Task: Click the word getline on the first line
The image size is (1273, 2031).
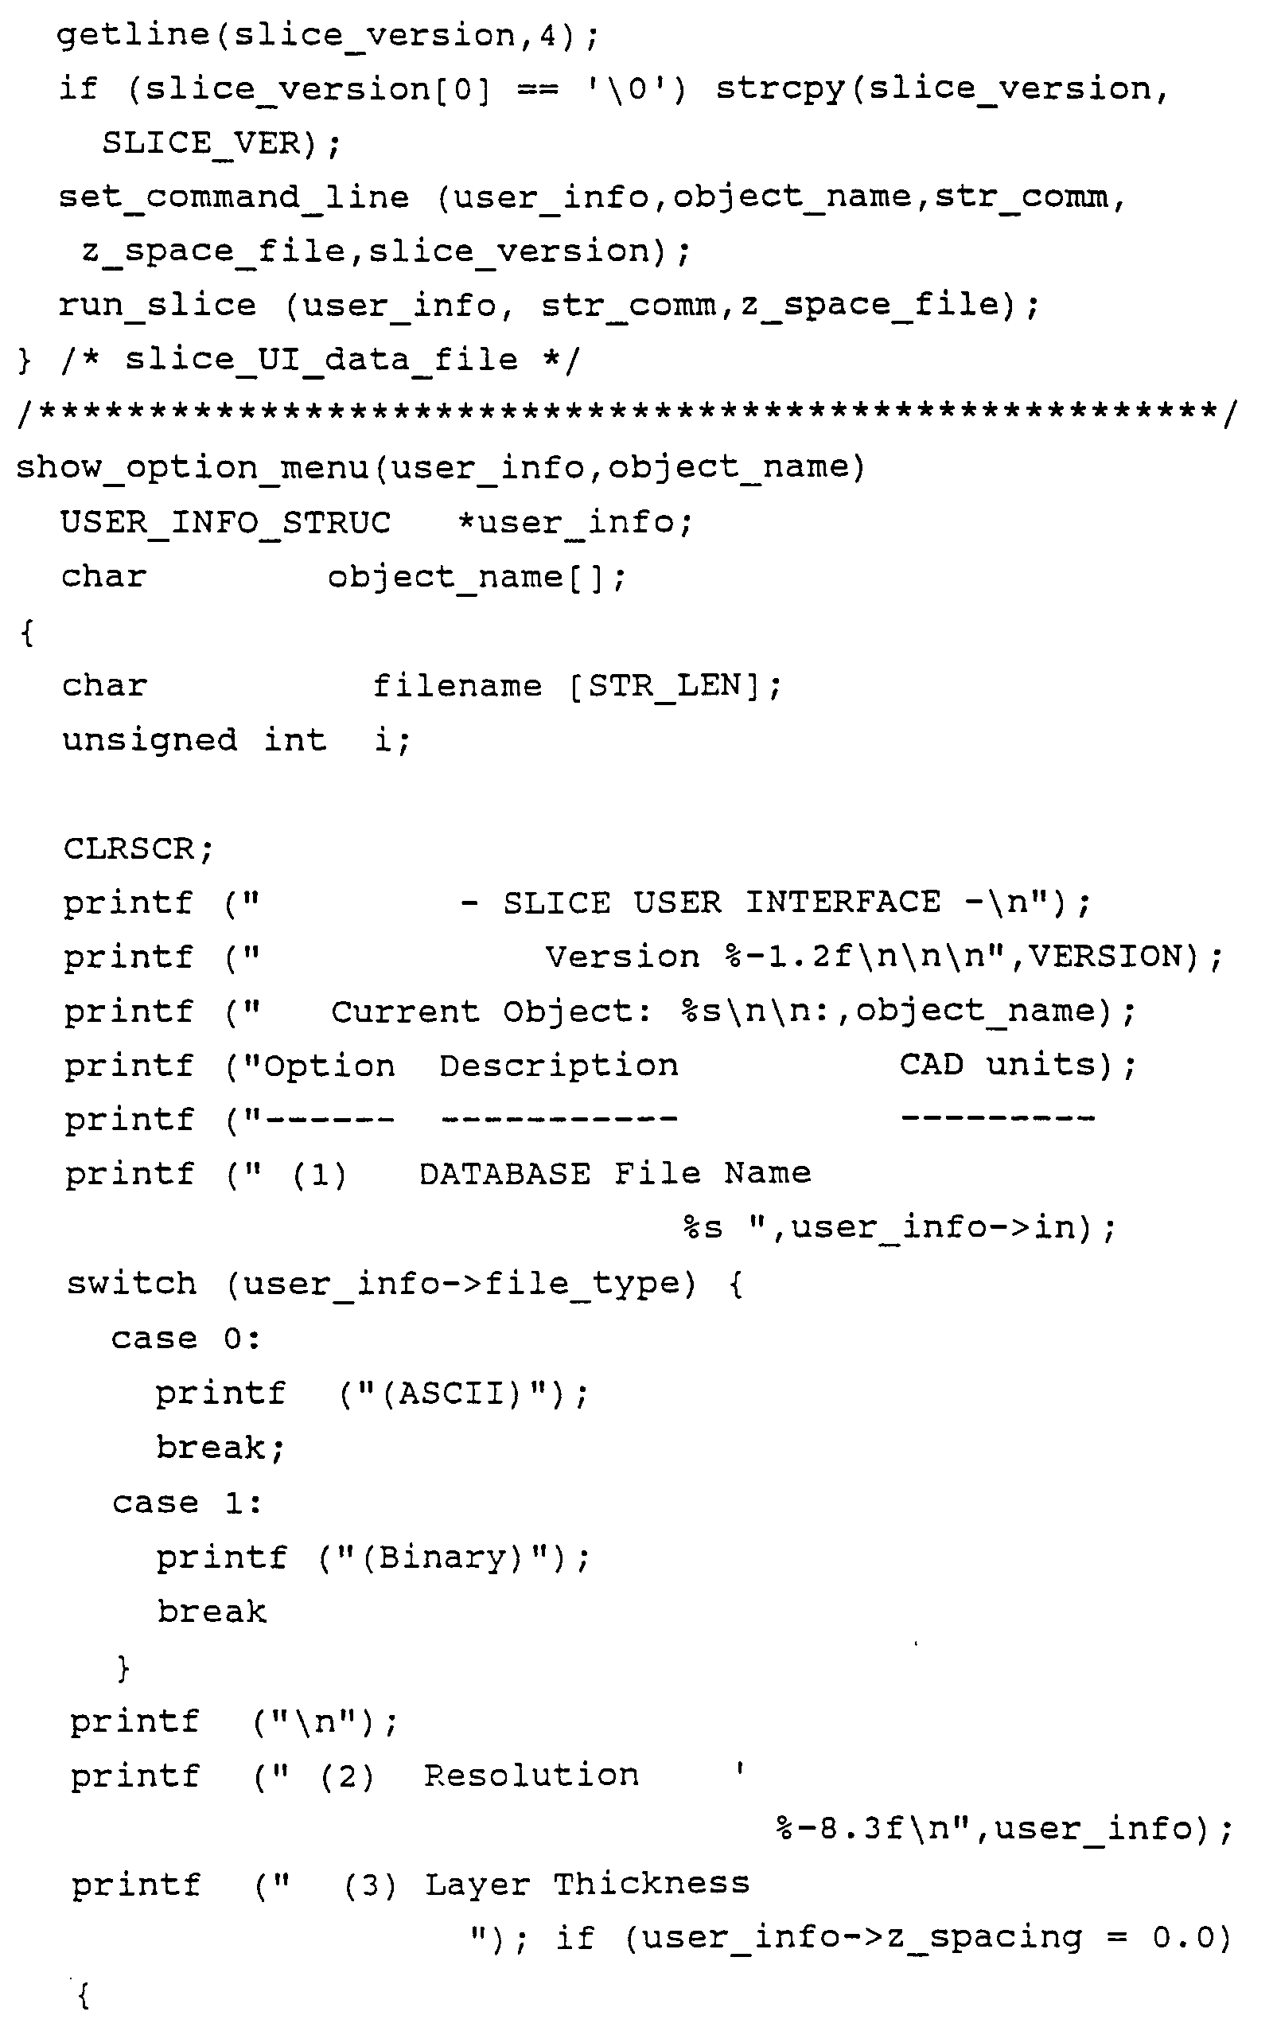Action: (x=133, y=35)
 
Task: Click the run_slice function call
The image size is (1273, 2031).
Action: (x=157, y=306)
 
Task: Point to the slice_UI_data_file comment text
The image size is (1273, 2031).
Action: (x=321, y=361)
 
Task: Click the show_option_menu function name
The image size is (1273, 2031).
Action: (x=193, y=468)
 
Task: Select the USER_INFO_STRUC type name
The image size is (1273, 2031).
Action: (x=226, y=524)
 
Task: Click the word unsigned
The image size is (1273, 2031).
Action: (x=149, y=741)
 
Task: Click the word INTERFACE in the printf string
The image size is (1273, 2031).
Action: (x=843, y=902)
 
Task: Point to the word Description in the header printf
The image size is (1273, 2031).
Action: (x=559, y=1066)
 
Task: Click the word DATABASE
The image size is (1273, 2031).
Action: (x=504, y=1174)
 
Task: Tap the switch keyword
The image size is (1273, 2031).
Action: (x=131, y=1284)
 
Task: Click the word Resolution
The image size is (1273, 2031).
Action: (x=531, y=1776)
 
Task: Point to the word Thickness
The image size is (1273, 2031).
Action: (x=651, y=1885)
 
